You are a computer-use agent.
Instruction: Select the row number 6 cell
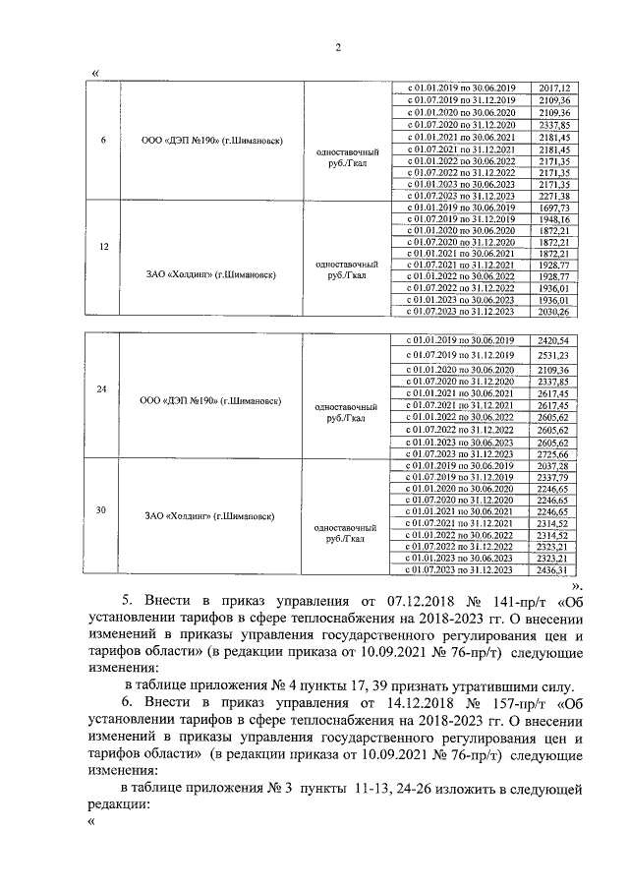click(103, 139)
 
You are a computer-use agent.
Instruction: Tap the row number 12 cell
click(103, 247)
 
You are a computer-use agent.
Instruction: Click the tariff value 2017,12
click(555, 89)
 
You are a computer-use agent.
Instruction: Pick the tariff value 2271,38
click(555, 195)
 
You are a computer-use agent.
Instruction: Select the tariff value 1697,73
click(555, 208)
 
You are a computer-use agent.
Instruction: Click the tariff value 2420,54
click(555, 339)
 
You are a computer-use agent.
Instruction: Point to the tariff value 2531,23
click(555, 354)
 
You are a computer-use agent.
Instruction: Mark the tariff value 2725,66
click(555, 455)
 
